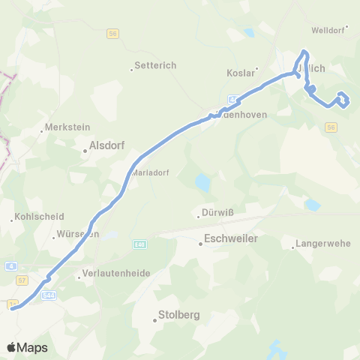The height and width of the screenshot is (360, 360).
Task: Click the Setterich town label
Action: click(155, 65)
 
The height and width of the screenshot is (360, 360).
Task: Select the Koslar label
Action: click(241, 73)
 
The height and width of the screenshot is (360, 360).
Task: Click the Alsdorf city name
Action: click(106, 146)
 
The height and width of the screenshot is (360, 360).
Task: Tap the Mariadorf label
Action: click(150, 172)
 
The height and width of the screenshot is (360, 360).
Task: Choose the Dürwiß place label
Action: click(218, 212)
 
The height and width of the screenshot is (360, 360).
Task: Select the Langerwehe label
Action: click(321, 244)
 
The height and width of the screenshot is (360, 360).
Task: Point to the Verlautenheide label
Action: click(110, 274)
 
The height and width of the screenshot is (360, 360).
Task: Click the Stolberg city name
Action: click(178, 316)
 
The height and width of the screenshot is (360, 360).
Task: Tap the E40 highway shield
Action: click(140, 243)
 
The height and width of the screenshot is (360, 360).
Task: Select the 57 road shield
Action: click(22, 279)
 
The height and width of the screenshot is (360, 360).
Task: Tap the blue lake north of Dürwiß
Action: click(202, 182)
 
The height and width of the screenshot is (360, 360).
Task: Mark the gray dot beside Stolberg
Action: click(155, 320)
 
